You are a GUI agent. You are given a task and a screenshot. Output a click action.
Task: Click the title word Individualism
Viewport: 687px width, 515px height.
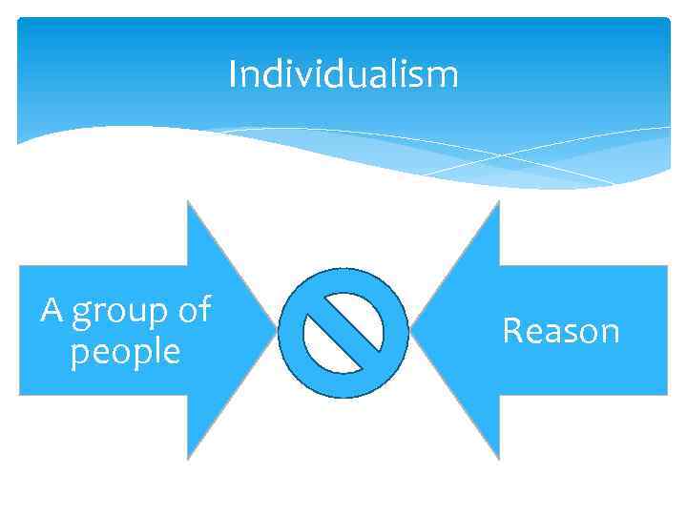343,73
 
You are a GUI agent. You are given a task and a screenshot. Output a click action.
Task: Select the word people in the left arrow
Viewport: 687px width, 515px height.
125,352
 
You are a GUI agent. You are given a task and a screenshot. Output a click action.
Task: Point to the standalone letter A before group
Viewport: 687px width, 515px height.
52,310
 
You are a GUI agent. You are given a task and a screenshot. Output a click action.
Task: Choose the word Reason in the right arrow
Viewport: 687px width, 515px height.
561,331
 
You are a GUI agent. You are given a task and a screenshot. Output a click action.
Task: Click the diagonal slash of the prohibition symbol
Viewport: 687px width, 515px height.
343,332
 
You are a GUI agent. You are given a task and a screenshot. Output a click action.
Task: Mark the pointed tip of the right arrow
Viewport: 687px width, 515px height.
410,331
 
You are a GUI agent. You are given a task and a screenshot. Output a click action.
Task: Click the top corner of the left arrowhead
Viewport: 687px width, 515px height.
188,202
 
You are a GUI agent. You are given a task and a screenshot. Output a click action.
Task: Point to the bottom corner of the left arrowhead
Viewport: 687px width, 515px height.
188,459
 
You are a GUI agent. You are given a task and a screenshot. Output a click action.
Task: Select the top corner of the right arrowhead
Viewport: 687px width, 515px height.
498,202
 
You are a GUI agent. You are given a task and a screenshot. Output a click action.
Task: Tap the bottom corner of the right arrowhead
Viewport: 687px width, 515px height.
498,459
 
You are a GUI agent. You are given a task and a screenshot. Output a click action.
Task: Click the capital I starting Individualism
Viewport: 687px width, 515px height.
233,73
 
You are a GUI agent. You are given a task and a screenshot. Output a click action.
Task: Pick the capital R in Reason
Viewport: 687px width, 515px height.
512,331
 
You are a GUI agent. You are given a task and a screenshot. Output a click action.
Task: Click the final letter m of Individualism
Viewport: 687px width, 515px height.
447,75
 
